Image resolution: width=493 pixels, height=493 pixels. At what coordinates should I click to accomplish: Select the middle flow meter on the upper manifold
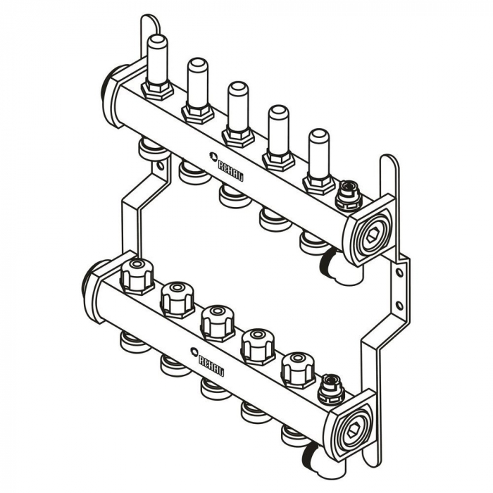pyautogui.click(x=235, y=113)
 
